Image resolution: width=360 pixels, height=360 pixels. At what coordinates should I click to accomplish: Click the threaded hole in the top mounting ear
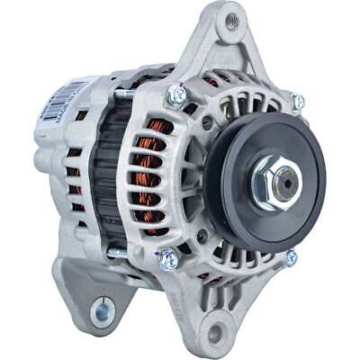[x=233, y=19]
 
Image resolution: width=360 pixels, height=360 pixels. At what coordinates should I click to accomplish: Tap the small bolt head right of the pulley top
[x=298, y=103]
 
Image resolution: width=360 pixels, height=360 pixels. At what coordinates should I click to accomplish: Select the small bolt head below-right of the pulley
[x=291, y=258]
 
